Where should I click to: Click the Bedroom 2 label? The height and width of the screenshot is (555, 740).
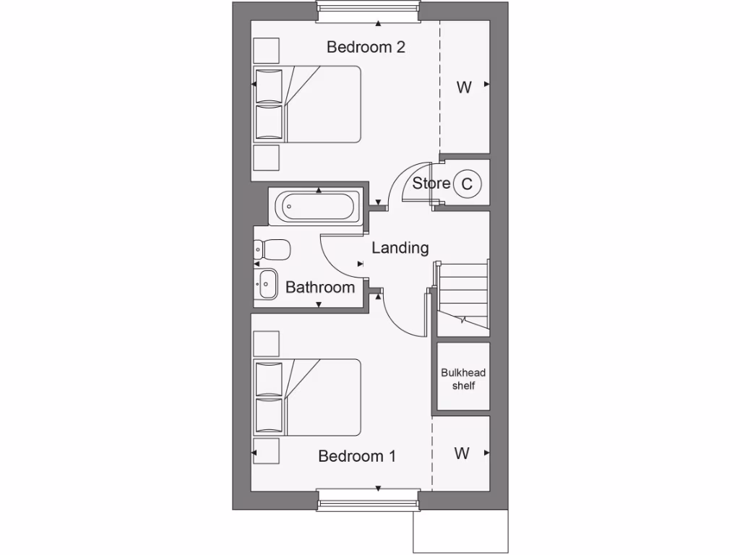366,48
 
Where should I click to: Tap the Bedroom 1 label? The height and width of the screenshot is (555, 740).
357,457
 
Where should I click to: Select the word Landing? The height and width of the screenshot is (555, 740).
400,248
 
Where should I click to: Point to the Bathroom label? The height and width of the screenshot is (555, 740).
320,288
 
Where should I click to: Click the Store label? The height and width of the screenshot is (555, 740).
431,184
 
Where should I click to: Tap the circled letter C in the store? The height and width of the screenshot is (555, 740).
467,184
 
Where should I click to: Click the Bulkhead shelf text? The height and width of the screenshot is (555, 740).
463,379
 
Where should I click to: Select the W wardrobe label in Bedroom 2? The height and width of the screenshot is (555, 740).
464,87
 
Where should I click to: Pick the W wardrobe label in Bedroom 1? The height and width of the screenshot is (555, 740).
462,454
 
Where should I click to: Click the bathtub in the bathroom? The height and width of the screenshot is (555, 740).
319,207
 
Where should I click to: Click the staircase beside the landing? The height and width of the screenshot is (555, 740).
462,296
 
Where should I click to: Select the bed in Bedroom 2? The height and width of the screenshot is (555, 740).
307,104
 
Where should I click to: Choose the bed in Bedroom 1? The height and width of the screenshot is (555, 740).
307,397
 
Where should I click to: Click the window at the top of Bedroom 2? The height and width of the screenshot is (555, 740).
369,11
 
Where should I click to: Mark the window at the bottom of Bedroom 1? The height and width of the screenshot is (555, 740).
369,499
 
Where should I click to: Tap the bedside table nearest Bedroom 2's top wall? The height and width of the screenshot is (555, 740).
266,51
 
